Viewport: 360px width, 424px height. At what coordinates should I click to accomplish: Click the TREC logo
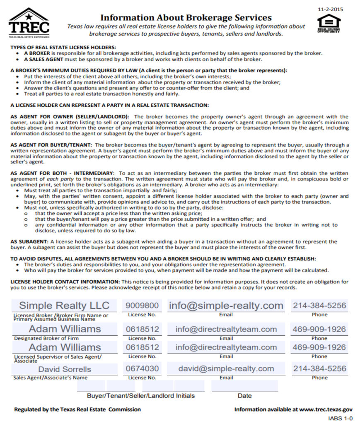[x=29, y=23]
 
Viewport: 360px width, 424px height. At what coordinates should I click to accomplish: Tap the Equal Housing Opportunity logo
[x=329, y=24]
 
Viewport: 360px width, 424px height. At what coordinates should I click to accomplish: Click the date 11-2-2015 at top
[x=330, y=9]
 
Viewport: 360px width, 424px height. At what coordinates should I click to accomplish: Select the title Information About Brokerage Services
[x=186, y=18]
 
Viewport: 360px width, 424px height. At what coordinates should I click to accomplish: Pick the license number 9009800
[x=142, y=306]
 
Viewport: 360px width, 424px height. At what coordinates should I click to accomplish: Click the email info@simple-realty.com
[x=226, y=306]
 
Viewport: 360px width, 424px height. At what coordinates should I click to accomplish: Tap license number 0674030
[x=142, y=369]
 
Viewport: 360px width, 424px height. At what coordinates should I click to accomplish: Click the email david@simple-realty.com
[x=226, y=369]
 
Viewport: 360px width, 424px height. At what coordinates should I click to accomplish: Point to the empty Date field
[x=244, y=386]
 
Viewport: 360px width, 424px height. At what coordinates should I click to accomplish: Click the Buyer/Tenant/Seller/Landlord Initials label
[x=140, y=396]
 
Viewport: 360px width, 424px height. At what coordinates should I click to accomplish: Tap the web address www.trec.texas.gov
[x=326, y=410]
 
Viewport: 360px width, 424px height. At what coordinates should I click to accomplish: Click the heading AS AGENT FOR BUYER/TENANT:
[x=51, y=145]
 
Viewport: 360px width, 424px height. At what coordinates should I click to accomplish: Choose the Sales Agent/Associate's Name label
[x=50, y=378]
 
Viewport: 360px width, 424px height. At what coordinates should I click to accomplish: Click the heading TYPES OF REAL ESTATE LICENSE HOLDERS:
[x=63, y=48]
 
